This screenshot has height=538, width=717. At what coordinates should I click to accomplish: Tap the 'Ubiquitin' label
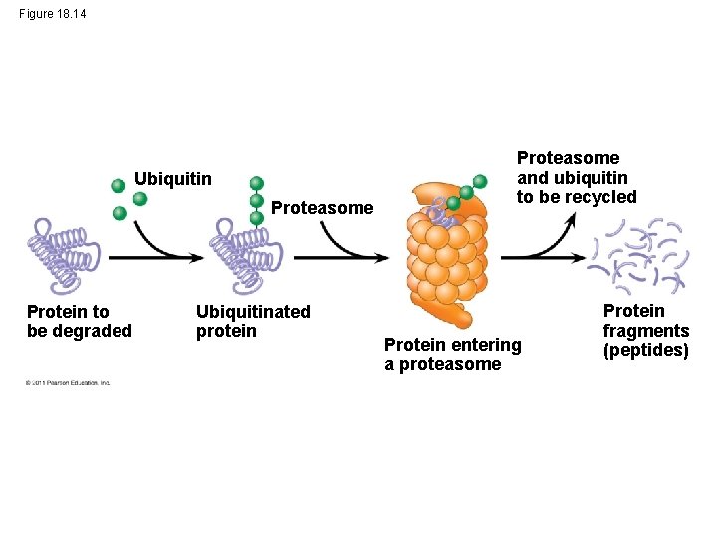point(173,179)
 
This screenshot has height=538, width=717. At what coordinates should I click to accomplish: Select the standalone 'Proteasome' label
point(322,208)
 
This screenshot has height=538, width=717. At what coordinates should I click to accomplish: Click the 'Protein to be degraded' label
point(79,321)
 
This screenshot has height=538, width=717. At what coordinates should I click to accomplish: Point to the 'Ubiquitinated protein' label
point(253,321)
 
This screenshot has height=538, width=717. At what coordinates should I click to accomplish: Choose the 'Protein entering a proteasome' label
point(452,354)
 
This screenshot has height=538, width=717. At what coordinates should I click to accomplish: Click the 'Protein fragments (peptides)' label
point(645,330)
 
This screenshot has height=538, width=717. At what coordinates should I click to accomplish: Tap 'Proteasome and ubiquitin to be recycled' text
point(576,177)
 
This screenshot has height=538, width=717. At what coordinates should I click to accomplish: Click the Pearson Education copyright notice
point(68,382)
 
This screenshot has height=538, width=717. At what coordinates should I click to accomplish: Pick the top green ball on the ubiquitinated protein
point(256,183)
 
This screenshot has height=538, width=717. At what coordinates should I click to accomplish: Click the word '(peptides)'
point(645,350)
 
